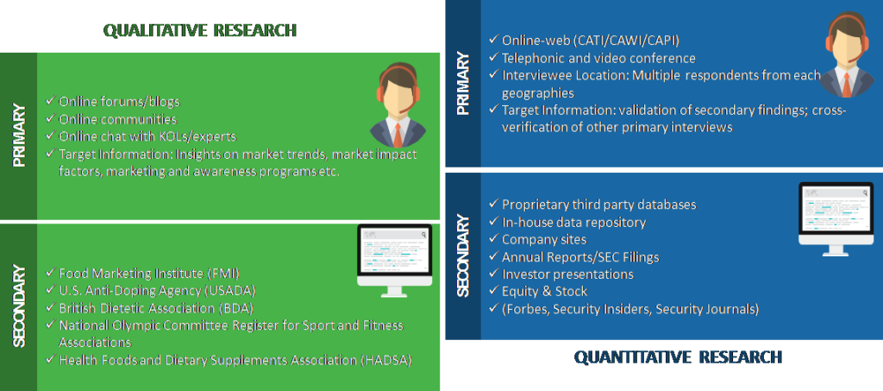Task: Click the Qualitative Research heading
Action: click(x=200, y=30)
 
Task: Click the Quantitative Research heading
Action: click(x=678, y=356)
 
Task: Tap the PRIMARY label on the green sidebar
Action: click(x=19, y=136)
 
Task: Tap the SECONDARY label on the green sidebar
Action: click(x=19, y=306)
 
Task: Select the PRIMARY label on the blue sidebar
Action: click(x=462, y=84)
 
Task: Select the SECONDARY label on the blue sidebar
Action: click(x=462, y=255)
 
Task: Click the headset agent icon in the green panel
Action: click(x=398, y=105)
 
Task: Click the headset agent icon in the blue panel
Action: click(x=847, y=55)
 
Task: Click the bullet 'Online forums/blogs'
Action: click(x=119, y=101)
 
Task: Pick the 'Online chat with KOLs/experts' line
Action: click(x=147, y=136)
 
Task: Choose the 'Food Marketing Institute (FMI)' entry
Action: click(x=149, y=274)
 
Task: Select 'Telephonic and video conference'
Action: click(x=598, y=58)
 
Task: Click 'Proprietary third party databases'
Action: click(x=599, y=205)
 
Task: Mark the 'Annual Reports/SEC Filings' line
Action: click(x=580, y=257)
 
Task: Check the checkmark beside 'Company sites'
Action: click(x=494, y=239)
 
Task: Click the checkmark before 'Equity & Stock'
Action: click(x=494, y=291)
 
